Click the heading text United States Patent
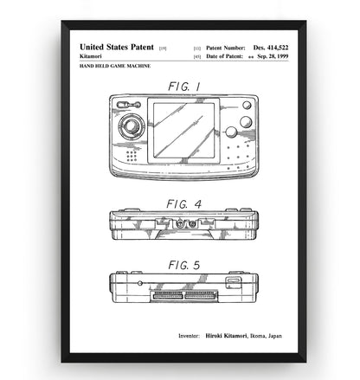[117, 47]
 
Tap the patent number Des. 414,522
[271, 48]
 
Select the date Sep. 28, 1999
[273, 56]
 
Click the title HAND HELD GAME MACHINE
[115, 66]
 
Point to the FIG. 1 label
[184, 87]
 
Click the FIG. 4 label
[183, 204]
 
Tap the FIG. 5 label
[184, 265]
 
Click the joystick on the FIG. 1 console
[132, 126]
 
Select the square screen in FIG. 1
[183, 131]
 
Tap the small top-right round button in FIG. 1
[247, 105]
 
